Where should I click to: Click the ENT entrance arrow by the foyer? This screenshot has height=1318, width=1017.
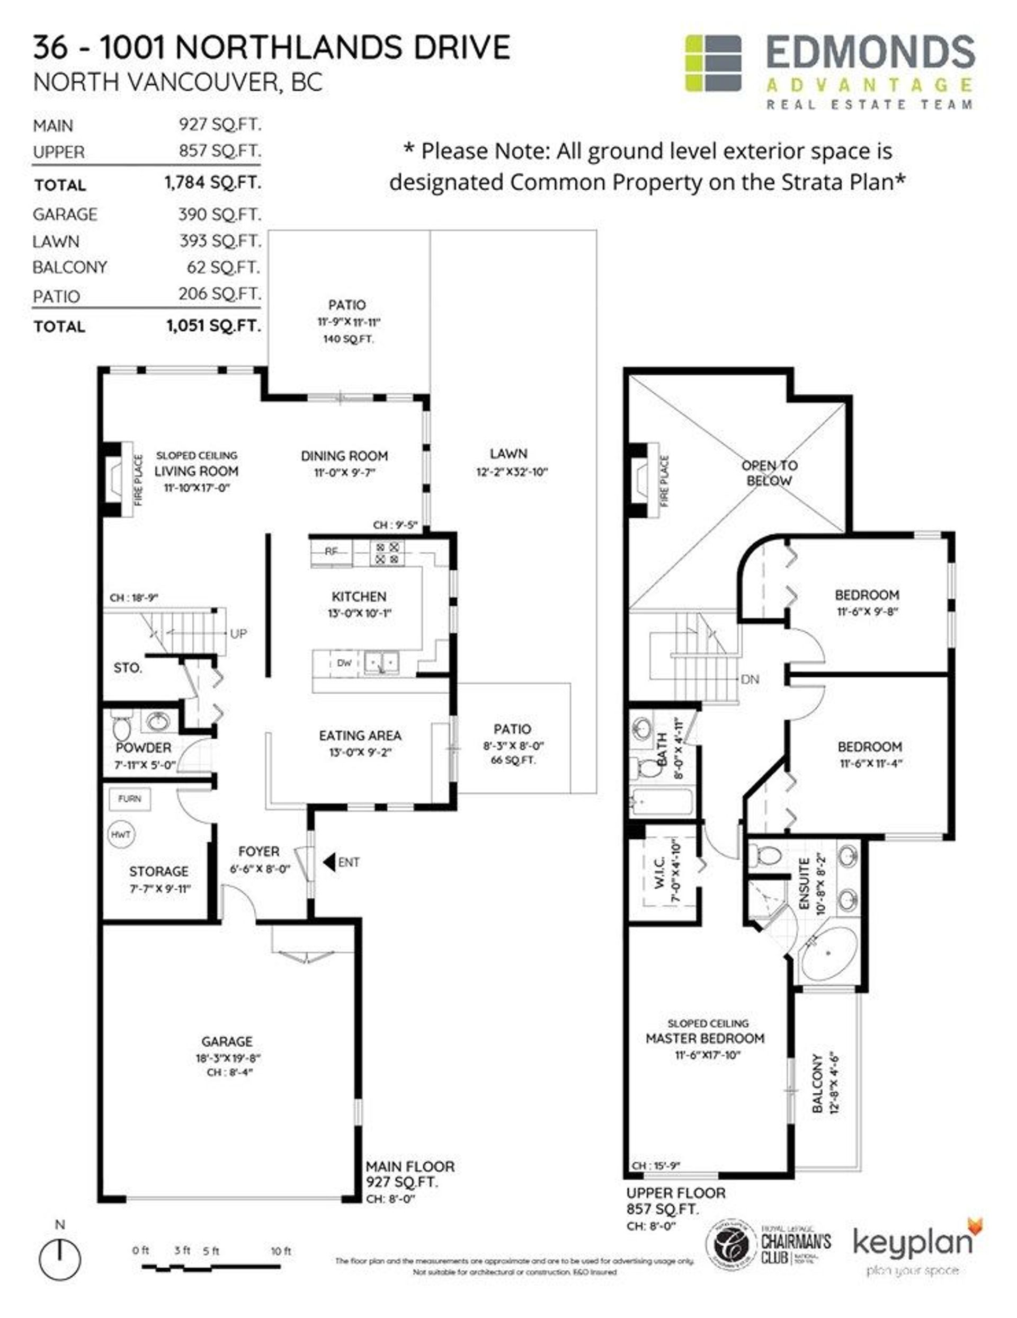coord(329,862)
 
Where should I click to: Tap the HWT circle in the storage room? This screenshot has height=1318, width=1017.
coord(121,835)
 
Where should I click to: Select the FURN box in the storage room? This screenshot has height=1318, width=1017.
coord(129,799)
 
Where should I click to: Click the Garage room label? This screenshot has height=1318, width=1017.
coord(227,1041)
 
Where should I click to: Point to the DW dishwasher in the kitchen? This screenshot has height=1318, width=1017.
coord(344,662)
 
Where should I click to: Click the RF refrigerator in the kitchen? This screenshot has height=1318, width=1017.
coord(331,551)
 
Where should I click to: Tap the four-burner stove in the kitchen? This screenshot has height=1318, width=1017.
coord(387,553)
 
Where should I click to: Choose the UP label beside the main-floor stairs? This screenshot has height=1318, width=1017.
coord(238,634)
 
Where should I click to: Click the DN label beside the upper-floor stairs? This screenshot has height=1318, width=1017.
coord(750,679)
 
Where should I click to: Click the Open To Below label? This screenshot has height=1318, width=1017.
coord(769,473)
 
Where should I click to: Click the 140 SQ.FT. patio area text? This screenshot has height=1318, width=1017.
coord(348,339)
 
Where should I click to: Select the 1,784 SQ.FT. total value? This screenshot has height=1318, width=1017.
coord(212,183)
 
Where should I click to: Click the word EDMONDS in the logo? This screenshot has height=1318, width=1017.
coord(870,53)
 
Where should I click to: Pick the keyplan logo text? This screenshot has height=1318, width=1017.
coord(912,1243)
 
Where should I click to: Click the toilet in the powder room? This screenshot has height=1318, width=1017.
coord(122,729)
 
